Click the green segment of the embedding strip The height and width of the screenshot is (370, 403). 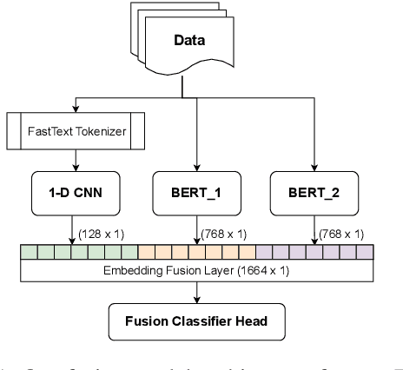[x=78, y=253]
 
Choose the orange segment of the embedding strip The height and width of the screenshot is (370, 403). [x=196, y=253]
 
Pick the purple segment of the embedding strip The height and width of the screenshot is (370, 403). [x=314, y=253]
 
